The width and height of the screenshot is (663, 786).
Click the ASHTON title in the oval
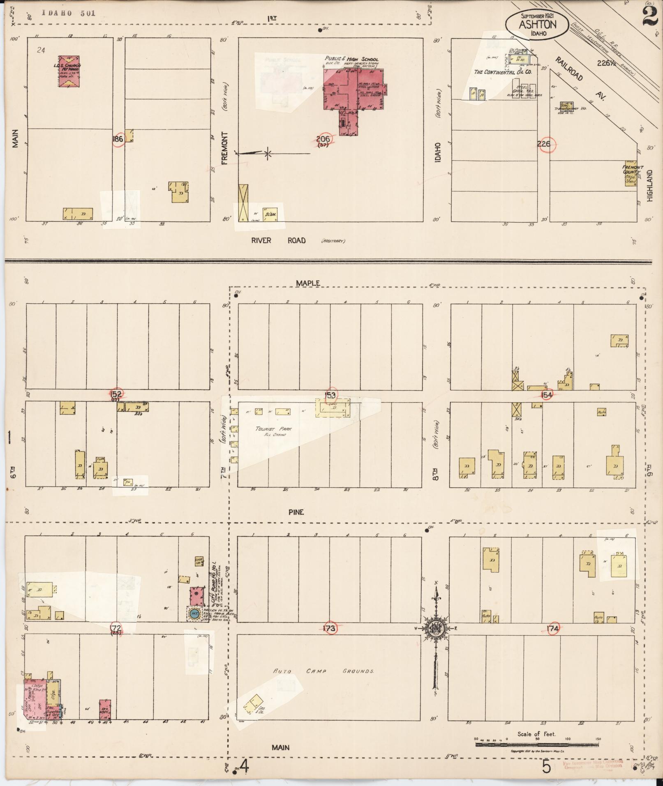tap(537, 24)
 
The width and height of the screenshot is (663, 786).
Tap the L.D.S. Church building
tap(69, 71)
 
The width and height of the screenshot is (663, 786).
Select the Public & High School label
tap(351, 59)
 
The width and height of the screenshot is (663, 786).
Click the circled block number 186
tap(118, 139)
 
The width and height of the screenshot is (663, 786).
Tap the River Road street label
tap(278, 240)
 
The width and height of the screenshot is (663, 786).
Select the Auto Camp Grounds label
tap(323, 671)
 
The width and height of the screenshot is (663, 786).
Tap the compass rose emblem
tap(435, 629)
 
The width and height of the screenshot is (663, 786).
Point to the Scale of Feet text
tap(536, 734)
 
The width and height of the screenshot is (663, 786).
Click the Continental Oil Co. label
tap(503, 72)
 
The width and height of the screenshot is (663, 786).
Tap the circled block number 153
tap(330, 395)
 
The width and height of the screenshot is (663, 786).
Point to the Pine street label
tap(296, 512)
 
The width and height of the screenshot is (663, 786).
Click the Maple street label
tap(308, 283)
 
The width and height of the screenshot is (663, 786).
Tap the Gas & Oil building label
tap(262, 710)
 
